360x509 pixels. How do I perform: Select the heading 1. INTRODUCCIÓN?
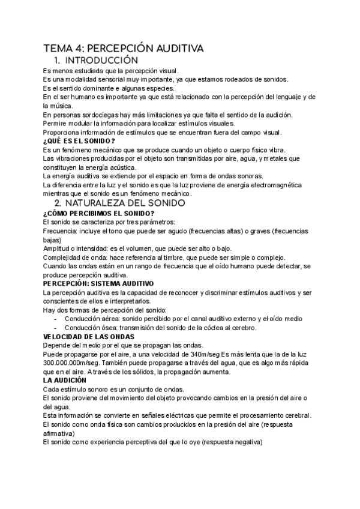(96, 61)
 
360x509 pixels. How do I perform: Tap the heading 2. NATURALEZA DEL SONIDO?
(118, 203)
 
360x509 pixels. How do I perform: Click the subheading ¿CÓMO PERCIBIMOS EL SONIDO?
(99, 213)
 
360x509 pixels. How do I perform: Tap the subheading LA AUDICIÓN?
(65, 380)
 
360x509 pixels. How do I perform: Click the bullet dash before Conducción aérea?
(55, 319)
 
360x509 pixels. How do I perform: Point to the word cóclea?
(213, 327)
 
